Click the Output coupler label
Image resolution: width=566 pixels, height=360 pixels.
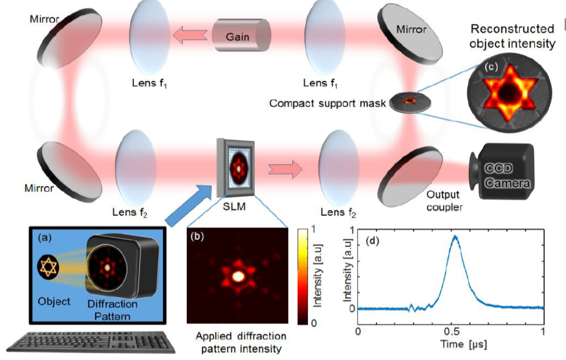(443, 201)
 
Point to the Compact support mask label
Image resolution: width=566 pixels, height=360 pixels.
(327, 103)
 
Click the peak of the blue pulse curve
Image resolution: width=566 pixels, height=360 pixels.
(455, 236)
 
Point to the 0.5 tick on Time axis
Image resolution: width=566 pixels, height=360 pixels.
(451, 332)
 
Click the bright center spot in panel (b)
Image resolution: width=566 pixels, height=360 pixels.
(238, 275)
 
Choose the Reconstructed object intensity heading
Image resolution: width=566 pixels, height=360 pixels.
(512, 36)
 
